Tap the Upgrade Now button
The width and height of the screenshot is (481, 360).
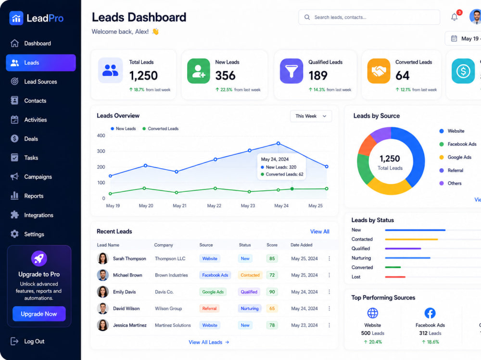pos(39,314)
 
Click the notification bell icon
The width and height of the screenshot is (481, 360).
pos(455,17)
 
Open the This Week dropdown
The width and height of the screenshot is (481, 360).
pos(311,116)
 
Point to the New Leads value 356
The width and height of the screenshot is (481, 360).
pos(225,75)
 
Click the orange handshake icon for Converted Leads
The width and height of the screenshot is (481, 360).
pos(379,71)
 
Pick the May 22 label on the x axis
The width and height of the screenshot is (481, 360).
pos(214,206)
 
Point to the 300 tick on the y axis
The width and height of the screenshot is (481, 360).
pos(101,151)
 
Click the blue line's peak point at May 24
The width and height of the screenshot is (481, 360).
pos(278,143)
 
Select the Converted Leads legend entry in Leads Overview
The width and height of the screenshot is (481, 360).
pos(161,129)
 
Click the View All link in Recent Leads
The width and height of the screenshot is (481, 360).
pos(320,232)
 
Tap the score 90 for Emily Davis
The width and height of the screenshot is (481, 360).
pos(272,292)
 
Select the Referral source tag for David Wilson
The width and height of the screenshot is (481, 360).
pos(209,309)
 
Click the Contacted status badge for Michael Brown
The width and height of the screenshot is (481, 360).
pos(250,275)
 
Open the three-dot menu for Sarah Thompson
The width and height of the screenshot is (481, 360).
pos(329,259)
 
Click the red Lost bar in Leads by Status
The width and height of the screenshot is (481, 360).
pos(395,277)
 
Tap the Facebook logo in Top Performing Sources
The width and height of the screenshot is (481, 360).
pos(430,313)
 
